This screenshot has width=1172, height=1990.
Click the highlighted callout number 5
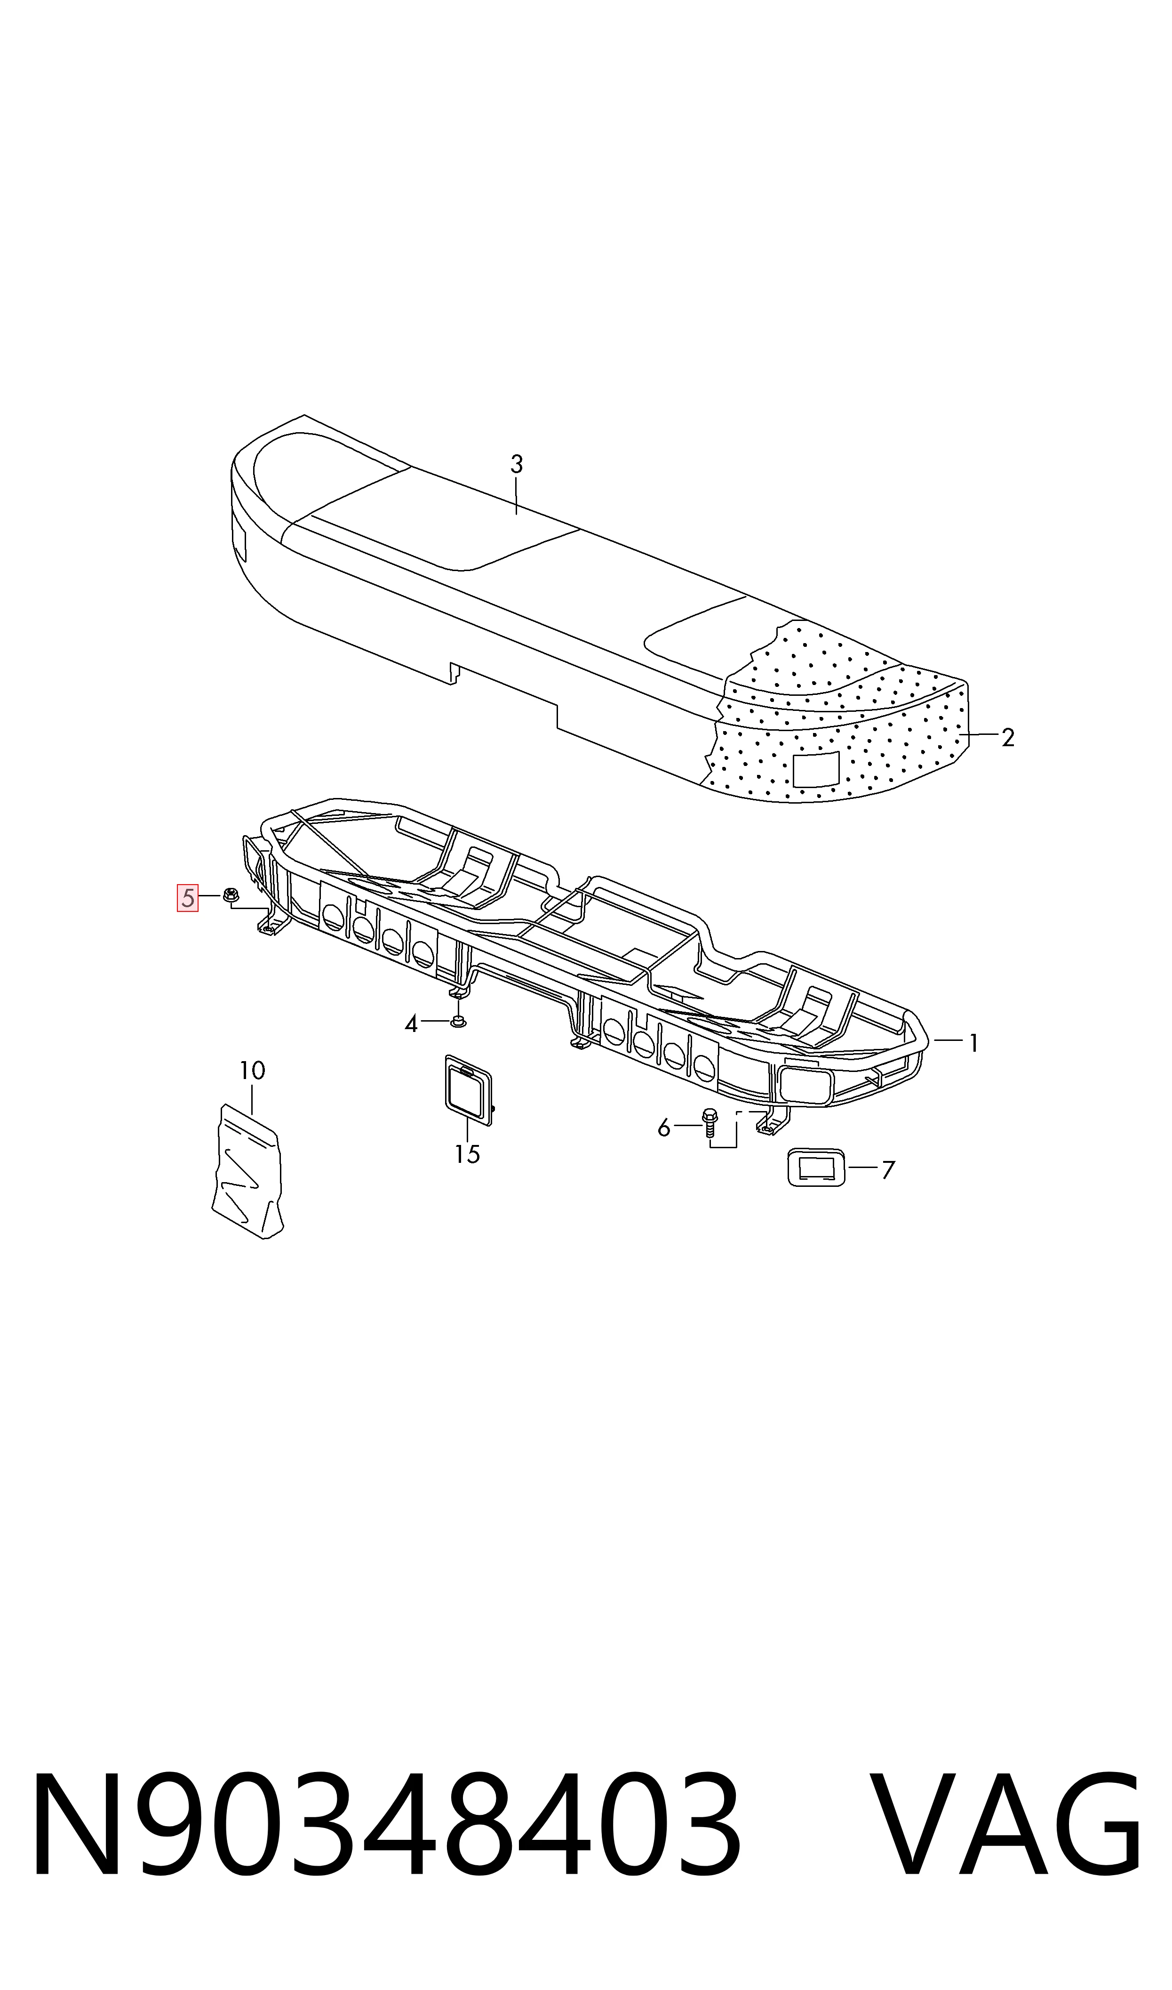click(x=187, y=898)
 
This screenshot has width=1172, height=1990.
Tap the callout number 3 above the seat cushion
click(x=517, y=465)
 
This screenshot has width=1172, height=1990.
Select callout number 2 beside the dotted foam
click(x=1008, y=737)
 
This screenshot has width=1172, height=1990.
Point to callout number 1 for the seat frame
click(x=974, y=1044)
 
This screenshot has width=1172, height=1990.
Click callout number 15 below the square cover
click(x=468, y=1155)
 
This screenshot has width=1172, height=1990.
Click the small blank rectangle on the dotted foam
click(x=817, y=769)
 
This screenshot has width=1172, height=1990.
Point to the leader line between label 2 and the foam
click(x=979, y=735)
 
